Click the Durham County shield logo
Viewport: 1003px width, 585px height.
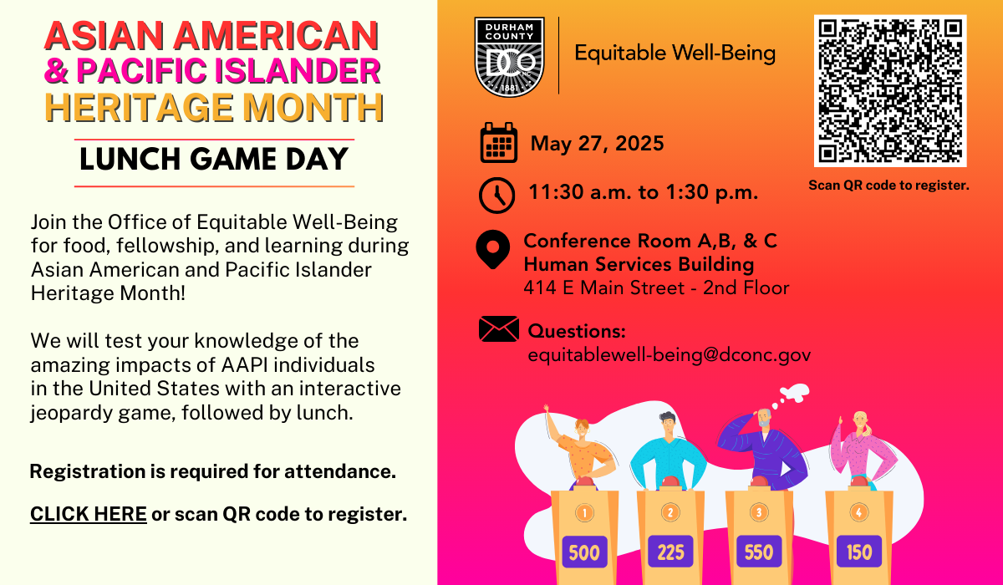click(509, 56)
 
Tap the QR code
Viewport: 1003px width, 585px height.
click(890, 91)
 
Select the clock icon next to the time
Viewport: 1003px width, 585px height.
click(496, 195)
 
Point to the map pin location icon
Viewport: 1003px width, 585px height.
click(492, 250)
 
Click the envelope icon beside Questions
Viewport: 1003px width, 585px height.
click(498, 329)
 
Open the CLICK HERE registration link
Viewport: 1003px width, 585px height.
click(89, 514)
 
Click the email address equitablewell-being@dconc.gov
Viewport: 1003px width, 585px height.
click(669, 354)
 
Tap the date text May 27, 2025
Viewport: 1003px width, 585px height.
click(597, 144)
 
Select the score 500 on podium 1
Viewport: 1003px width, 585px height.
click(584, 552)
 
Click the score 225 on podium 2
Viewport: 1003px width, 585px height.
click(670, 552)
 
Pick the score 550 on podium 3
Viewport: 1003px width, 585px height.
click(759, 552)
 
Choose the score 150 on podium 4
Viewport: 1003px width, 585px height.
click(858, 552)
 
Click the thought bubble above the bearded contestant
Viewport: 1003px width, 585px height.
click(792, 393)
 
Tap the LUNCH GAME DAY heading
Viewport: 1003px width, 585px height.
click(214, 159)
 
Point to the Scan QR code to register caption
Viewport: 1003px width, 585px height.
click(888, 186)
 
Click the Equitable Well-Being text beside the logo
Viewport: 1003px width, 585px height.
click(675, 54)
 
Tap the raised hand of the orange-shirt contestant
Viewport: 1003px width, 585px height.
click(547, 410)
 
